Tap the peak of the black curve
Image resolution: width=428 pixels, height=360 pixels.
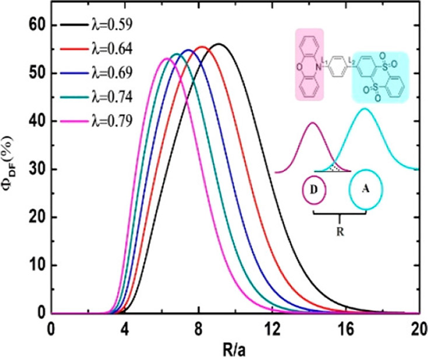click(x=219, y=44)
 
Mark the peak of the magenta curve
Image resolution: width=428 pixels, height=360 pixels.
click(x=166, y=59)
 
